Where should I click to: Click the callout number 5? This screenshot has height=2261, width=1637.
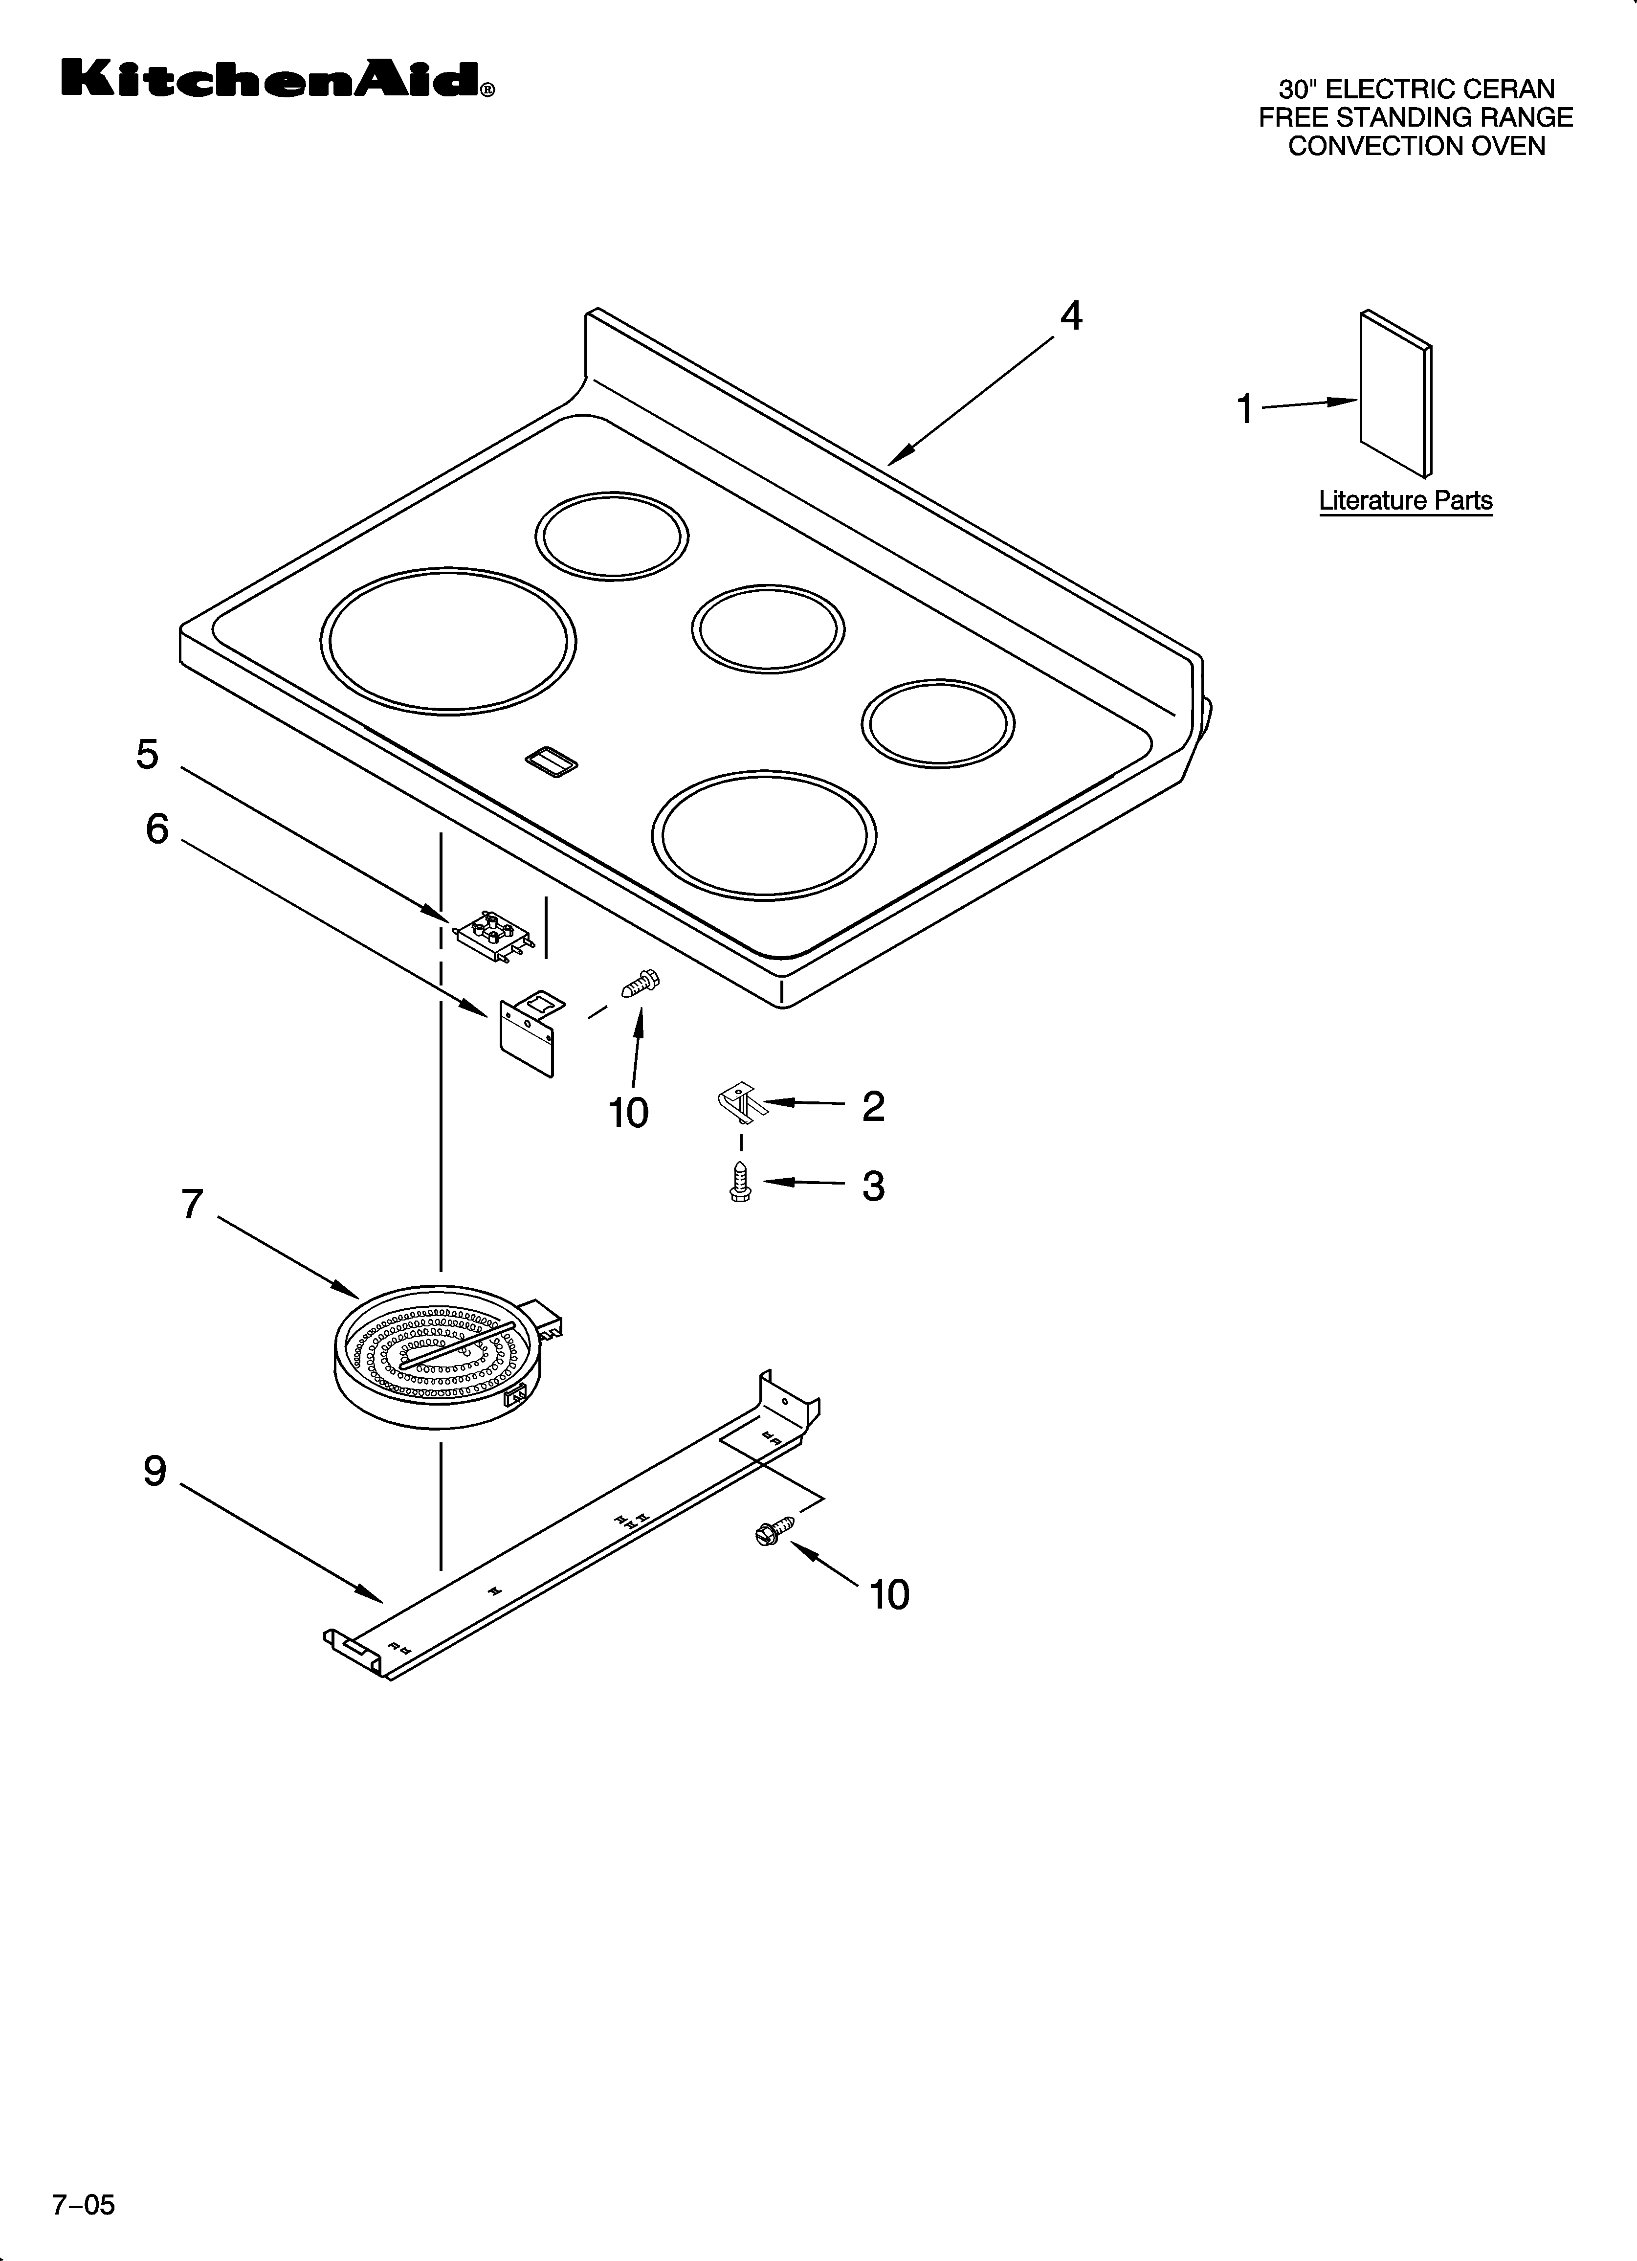pyautogui.click(x=148, y=755)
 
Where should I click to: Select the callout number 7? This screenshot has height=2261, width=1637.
pyautogui.click(x=193, y=1204)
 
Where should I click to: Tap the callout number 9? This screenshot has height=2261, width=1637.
pyautogui.click(x=155, y=1471)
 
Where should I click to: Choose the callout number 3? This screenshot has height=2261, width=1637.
pyautogui.click(x=873, y=1186)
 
